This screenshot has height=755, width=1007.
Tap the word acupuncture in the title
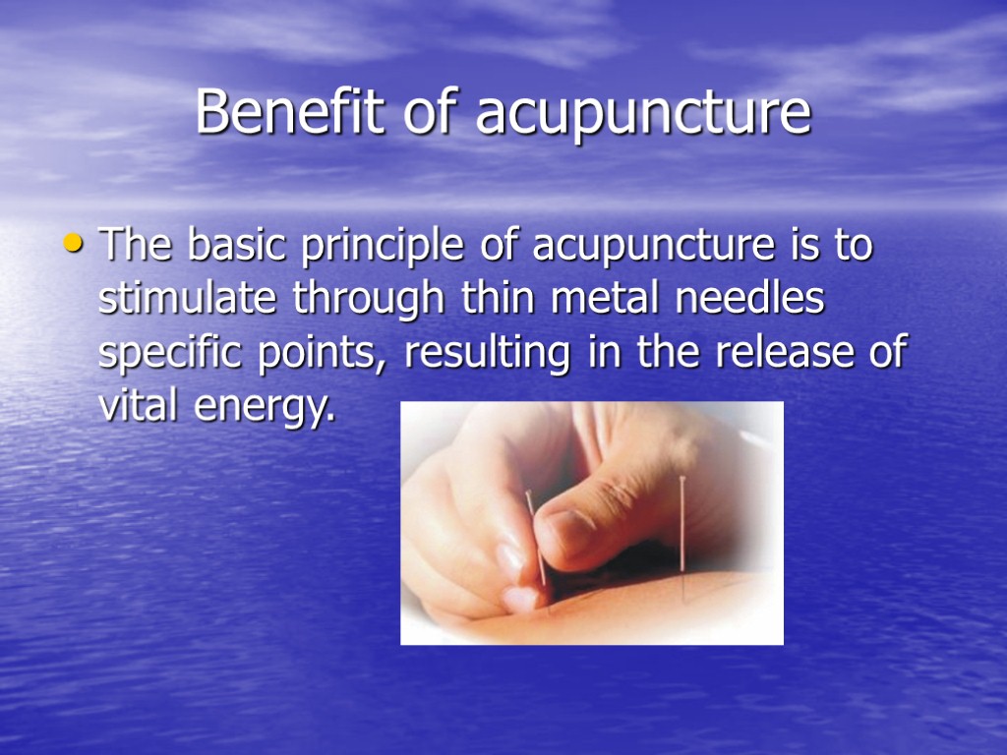click(x=643, y=116)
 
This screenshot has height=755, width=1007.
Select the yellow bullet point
click(x=76, y=242)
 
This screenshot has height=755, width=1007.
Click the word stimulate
click(x=187, y=299)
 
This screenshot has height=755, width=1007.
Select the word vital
click(x=132, y=405)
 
